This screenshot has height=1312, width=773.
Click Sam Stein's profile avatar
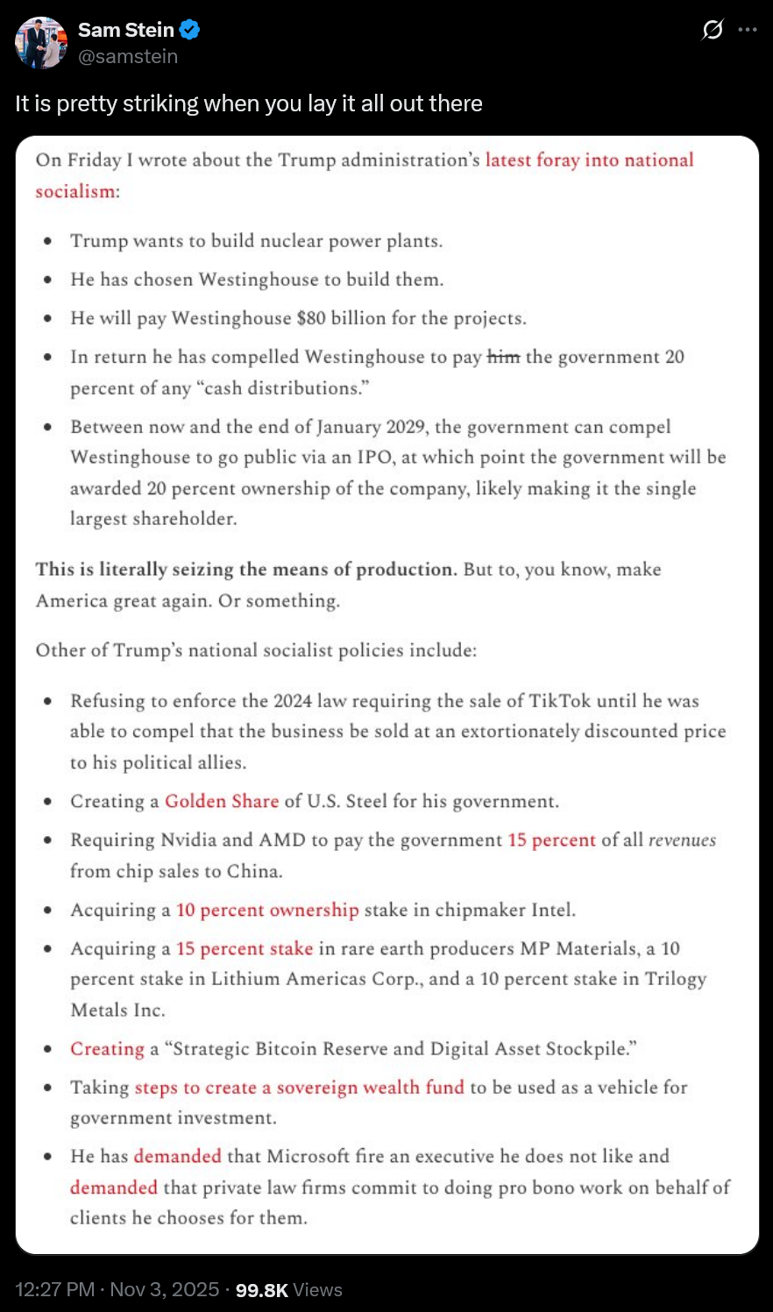tap(41, 42)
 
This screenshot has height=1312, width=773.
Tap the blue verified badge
tap(190, 30)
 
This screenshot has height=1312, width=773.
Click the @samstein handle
tap(128, 56)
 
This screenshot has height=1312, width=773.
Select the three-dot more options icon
tap(748, 30)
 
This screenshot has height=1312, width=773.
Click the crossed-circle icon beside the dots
tap(713, 30)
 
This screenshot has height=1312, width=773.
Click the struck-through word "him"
tap(503, 357)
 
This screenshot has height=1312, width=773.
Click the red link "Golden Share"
tap(222, 801)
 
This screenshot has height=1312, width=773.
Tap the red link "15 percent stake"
tap(245, 948)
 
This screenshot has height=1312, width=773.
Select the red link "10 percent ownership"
tap(267, 910)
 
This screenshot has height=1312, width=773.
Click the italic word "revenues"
tap(682, 840)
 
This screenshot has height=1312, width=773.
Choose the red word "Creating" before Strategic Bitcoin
tap(107, 1048)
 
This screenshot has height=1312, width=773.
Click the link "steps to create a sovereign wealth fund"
tap(299, 1087)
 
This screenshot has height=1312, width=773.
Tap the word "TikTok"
tap(561, 700)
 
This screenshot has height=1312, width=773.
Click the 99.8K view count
tap(261, 1290)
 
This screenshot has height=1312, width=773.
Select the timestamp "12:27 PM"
tap(54, 1290)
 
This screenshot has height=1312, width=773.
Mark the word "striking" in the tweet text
tap(160, 103)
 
